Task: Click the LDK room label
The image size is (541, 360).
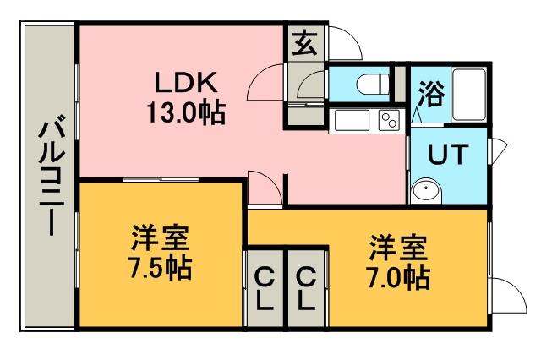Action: point(186,83)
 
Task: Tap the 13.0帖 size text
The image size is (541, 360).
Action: point(186,112)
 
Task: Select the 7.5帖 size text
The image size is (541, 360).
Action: point(160,268)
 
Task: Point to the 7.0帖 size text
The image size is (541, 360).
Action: point(398,277)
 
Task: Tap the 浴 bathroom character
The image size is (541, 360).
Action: point(431,94)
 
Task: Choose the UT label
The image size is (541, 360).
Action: point(448,154)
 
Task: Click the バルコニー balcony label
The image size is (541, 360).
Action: point(52,178)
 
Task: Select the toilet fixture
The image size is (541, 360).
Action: point(374,84)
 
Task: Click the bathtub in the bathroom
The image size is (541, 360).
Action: point(469,95)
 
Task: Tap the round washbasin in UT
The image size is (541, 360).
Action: point(426,189)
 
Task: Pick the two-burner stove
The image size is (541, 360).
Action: point(389,120)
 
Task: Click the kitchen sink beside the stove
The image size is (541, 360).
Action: point(352,120)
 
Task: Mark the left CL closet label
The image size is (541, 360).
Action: point(265,289)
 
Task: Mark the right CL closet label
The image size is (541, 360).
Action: point(306,289)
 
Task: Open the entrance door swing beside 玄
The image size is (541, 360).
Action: point(345,43)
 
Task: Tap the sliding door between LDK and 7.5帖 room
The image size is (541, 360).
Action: point(161,179)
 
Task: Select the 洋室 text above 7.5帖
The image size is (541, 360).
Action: point(160,237)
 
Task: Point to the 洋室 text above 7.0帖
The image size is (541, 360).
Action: point(398,248)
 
